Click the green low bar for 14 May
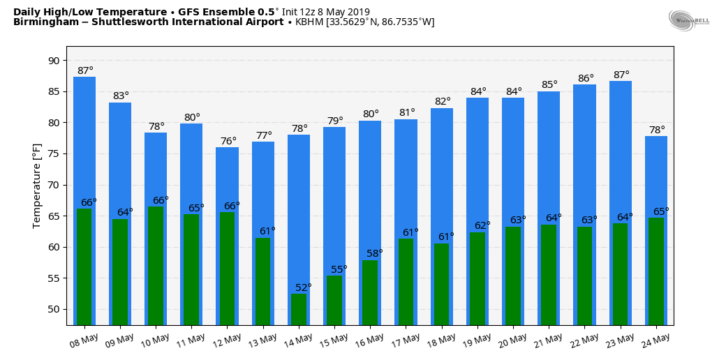tap(299, 309)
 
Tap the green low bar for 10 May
tap(156, 265)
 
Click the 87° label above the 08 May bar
tap(85, 71)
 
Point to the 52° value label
tap(304, 287)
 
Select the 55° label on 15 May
tap(339, 269)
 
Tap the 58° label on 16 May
tap(375, 254)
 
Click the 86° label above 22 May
tap(586, 79)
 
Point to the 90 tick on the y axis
tap(54, 61)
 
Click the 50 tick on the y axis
tap(54, 310)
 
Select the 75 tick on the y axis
tap(54, 154)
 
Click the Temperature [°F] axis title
tap(37, 186)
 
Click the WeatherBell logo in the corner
tap(688, 21)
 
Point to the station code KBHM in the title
tap(309, 22)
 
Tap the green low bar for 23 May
tap(620, 273)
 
